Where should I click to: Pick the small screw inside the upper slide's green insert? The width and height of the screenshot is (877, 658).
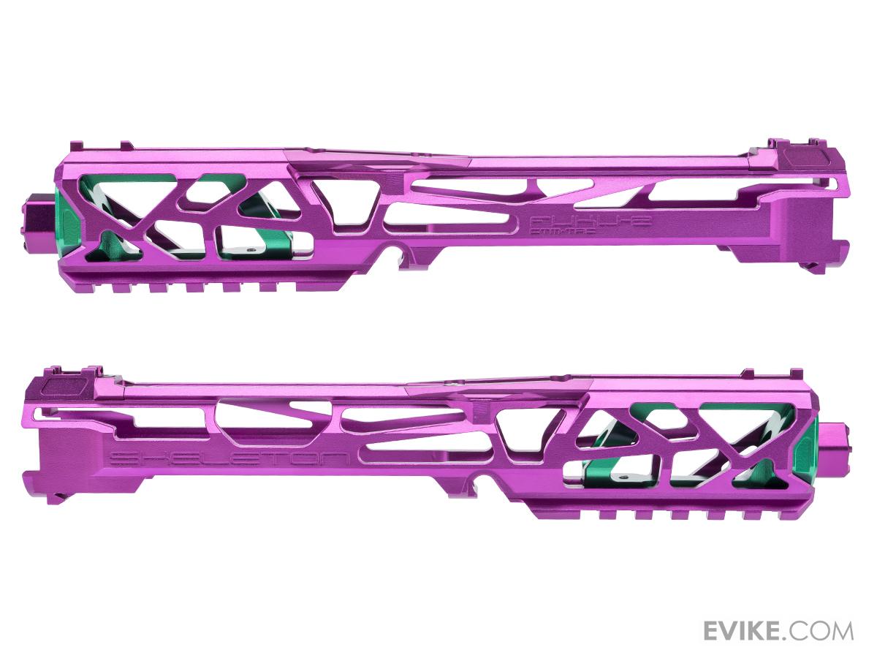click(251, 249)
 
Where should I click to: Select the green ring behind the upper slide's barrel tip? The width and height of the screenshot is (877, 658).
click(64, 219)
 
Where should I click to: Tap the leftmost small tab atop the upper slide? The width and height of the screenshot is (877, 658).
click(124, 146)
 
